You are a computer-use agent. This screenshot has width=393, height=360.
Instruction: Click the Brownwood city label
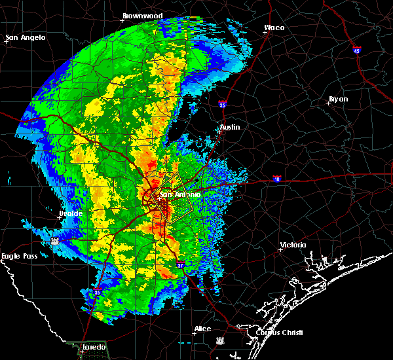[x=142, y=15]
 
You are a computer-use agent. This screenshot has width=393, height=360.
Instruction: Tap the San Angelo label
[x=27, y=37]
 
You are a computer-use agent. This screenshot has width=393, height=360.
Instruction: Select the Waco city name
[x=274, y=27]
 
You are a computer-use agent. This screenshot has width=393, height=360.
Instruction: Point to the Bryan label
[x=339, y=99]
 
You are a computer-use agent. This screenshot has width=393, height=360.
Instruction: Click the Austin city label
[x=230, y=127]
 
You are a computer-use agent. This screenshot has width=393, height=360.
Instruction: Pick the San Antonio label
[x=173, y=194]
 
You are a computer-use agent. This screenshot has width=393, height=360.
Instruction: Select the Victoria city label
[x=293, y=245]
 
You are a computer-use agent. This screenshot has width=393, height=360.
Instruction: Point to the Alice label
[x=202, y=329]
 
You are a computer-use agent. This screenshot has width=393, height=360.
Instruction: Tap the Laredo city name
[x=94, y=346]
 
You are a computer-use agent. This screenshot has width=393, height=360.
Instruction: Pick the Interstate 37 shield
[x=181, y=265]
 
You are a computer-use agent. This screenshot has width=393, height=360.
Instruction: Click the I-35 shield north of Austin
[x=223, y=103]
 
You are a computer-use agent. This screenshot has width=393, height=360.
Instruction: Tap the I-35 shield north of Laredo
[x=98, y=293]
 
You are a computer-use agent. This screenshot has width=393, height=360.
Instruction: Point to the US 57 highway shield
[x=56, y=241]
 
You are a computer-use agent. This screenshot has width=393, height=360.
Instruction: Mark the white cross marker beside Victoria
[x=280, y=249]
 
